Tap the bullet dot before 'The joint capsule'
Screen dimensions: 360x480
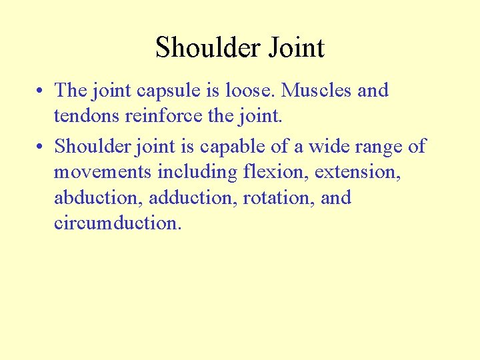[x=42, y=91]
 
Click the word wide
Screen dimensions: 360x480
[x=323, y=146]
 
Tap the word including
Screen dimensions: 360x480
[x=197, y=173]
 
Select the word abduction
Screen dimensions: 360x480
[x=98, y=198]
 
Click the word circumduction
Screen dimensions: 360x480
[x=117, y=223]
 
